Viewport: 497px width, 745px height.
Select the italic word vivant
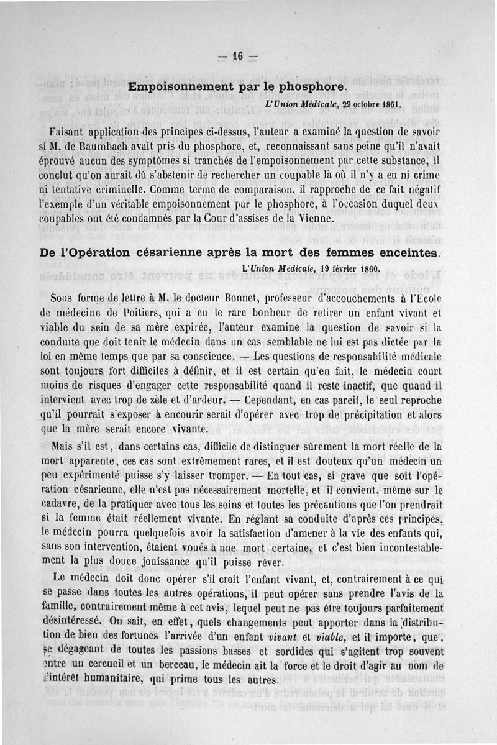[x=284, y=638]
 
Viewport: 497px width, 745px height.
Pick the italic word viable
[x=327, y=638]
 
